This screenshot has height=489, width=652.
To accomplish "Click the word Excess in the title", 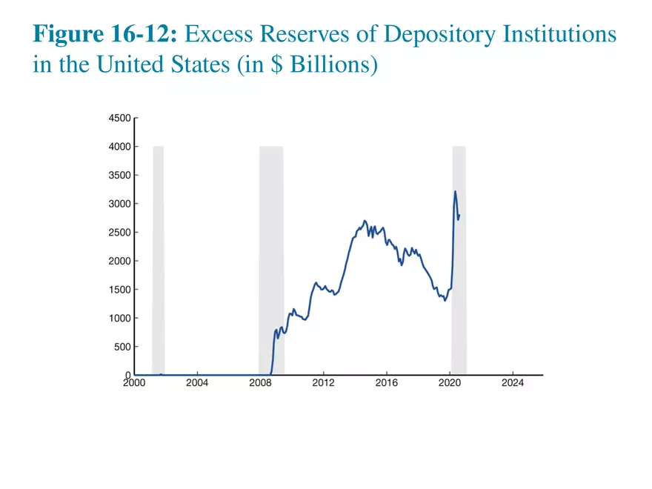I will coord(224,35).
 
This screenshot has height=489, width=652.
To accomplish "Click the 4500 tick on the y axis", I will coord(120,118).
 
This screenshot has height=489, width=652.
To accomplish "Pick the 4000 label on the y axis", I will coord(120,147).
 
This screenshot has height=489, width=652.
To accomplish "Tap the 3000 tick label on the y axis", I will coord(120,204).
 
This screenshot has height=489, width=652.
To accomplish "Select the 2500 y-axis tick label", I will coord(120,233).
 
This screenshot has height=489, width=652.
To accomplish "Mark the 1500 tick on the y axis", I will coord(120,290).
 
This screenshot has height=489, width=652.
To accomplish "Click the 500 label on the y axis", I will coord(122,347).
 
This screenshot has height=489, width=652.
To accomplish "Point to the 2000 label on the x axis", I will coord(134,383).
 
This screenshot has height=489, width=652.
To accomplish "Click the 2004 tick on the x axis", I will coord(197,383).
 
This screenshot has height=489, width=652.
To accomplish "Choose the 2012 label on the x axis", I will coord(323,383).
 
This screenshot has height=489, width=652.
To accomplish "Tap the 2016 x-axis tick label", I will coord(386,383).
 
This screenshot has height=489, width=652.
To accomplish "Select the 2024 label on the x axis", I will coord(513,383).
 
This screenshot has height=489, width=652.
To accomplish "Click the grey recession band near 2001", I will coord(158,259).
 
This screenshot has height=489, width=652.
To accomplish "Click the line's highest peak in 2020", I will coord(455,192).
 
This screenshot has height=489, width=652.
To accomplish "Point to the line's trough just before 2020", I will coord(445,300).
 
